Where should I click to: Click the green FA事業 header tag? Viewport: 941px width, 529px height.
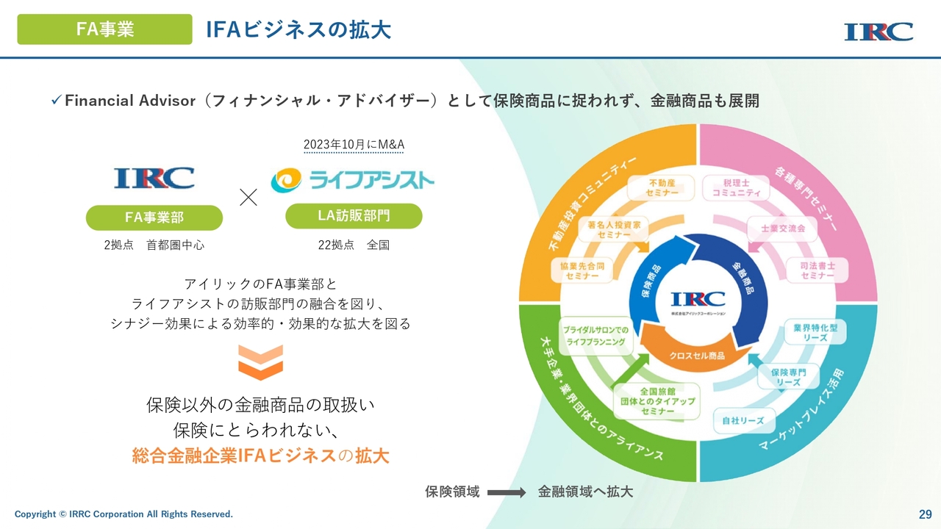[x=104, y=29]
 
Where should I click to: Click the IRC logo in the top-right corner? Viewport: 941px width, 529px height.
[x=879, y=32]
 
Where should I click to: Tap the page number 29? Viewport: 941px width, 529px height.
[x=925, y=513]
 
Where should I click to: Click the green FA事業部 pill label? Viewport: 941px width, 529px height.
[x=154, y=217]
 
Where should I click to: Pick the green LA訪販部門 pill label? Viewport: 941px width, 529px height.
[x=354, y=215]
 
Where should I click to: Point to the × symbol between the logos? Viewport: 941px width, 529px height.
[x=248, y=197]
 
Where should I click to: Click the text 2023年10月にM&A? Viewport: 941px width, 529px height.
[x=354, y=145]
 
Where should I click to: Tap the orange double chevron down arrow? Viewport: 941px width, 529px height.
[x=260, y=363]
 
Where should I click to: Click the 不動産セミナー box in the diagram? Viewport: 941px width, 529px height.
[x=661, y=187]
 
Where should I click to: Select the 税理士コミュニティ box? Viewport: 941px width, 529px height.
[x=735, y=187]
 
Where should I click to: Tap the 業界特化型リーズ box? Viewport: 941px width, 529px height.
[x=815, y=332]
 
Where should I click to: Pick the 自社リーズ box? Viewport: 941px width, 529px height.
[x=743, y=421]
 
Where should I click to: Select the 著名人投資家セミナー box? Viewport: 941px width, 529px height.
[x=615, y=229]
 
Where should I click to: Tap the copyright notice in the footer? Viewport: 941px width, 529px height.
[x=124, y=514]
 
